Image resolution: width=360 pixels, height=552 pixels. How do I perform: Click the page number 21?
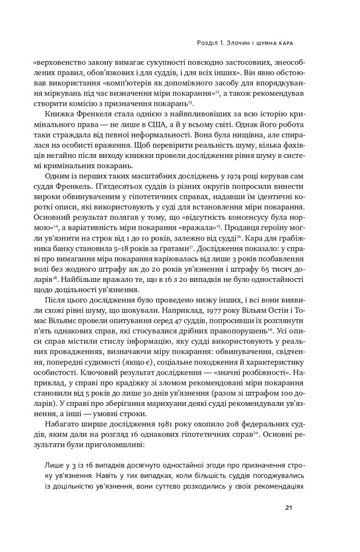(x=289, y=507)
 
